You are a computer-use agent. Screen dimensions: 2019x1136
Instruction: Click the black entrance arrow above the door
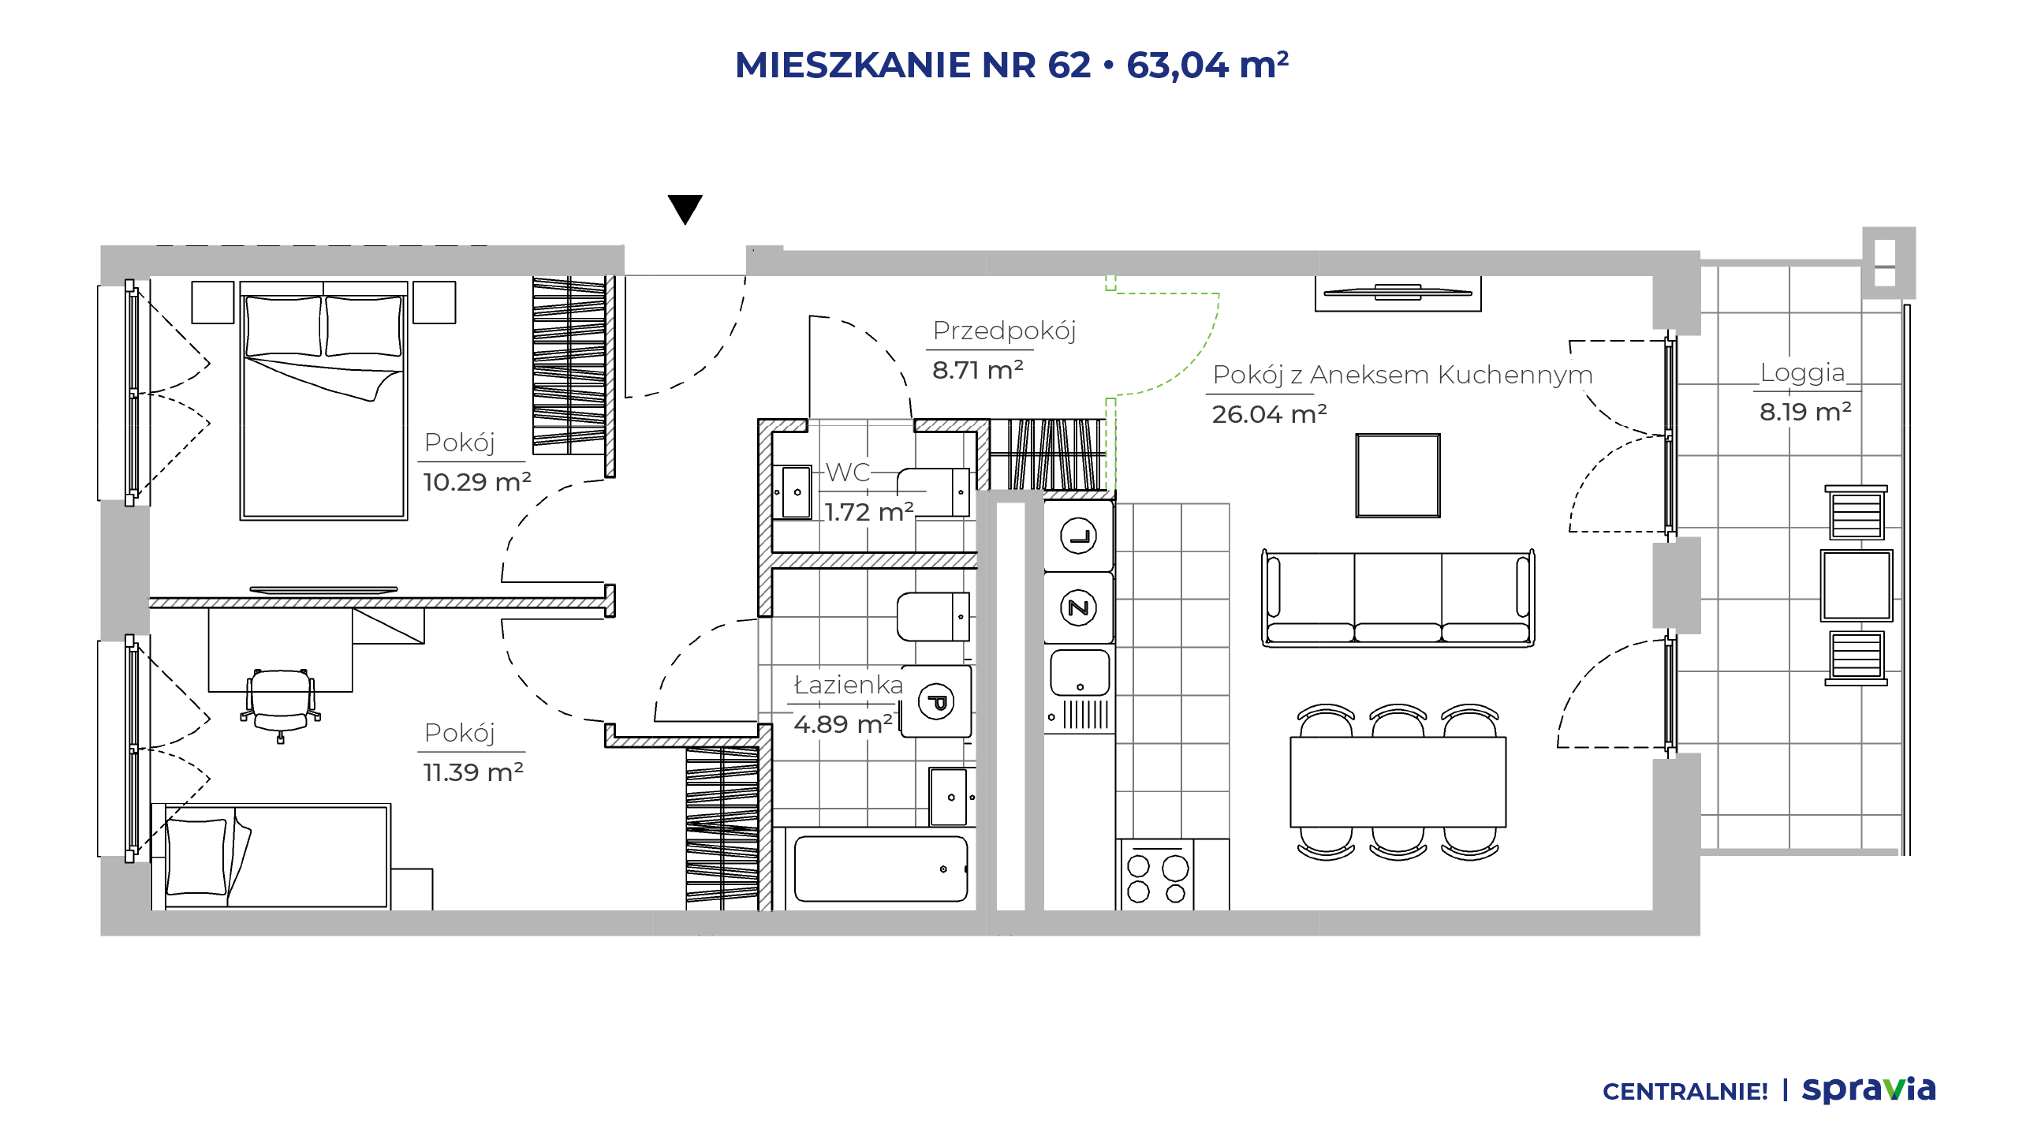click(x=685, y=209)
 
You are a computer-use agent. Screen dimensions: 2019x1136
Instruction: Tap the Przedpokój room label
click(x=1004, y=331)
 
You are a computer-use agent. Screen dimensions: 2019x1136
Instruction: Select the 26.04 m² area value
click(x=1269, y=413)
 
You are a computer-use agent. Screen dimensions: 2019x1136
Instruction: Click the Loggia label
click(x=1802, y=372)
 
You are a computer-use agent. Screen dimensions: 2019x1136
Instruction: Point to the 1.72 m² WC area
click(x=869, y=512)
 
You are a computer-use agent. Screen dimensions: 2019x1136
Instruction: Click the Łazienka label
click(x=848, y=685)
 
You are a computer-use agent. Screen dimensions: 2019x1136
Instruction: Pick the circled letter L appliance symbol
click(x=1078, y=537)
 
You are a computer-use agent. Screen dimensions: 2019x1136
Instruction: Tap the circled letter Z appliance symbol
click(x=1078, y=608)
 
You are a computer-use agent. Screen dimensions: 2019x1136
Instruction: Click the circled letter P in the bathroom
click(x=937, y=701)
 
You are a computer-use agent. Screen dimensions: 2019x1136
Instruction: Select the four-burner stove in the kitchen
click(x=1156, y=875)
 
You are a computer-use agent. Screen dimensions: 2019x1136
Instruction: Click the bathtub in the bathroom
click(x=881, y=869)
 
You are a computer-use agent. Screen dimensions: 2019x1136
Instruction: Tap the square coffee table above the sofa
click(x=1398, y=476)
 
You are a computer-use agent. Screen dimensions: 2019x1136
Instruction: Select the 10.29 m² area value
click(x=477, y=482)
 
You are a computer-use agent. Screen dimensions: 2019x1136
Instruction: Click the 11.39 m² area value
click(x=473, y=772)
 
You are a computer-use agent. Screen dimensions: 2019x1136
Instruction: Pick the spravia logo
click(x=1868, y=1089)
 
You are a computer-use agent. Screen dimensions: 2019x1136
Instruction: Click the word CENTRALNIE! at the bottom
click(x=1685, y=1092)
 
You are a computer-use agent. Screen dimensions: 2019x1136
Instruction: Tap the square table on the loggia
click(x=1856, y=585)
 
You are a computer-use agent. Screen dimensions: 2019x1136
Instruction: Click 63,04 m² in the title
click(x=1207, y=65)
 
